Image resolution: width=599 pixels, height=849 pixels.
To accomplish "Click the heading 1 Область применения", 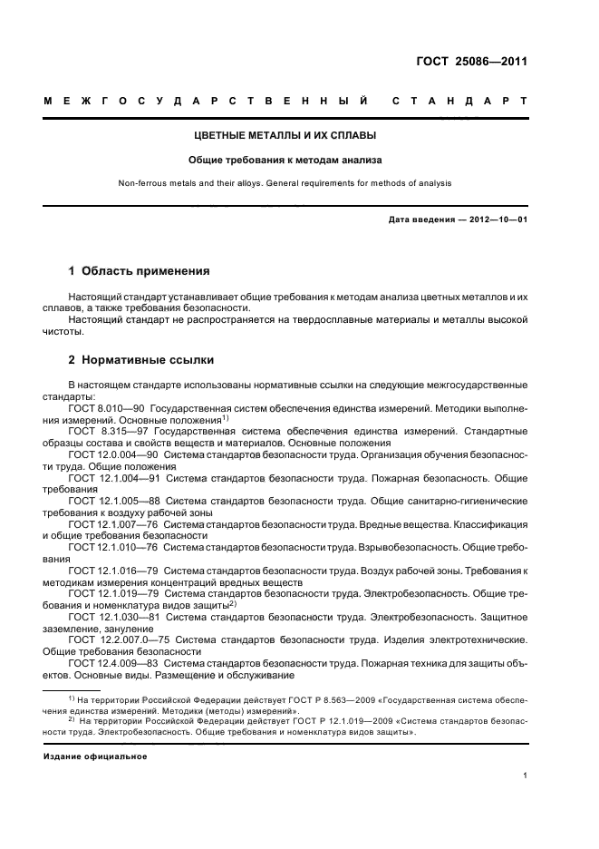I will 140,270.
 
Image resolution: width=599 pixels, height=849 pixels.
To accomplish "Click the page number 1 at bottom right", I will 525,776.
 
